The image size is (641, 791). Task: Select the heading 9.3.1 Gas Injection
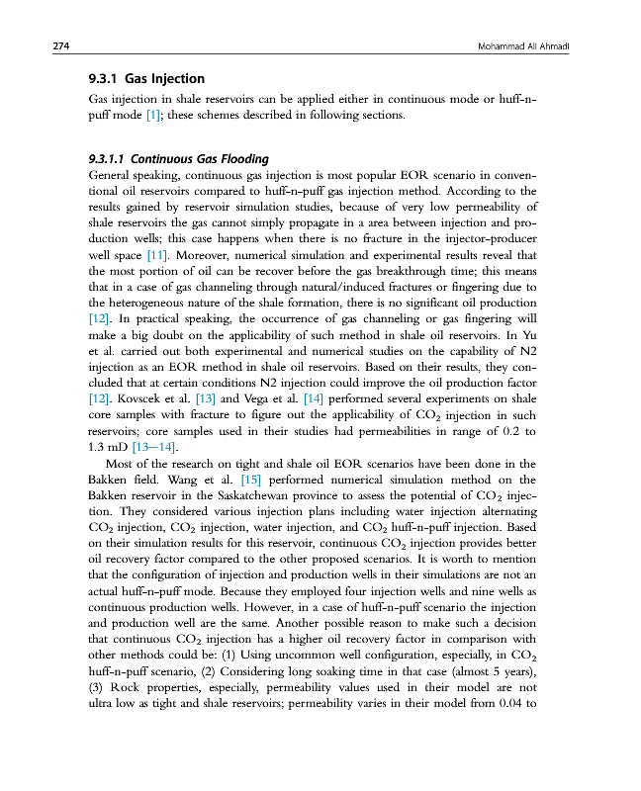[147, 78]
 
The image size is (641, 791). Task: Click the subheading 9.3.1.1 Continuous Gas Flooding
[178, 158]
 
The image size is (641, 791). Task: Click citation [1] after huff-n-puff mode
[153, 116]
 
